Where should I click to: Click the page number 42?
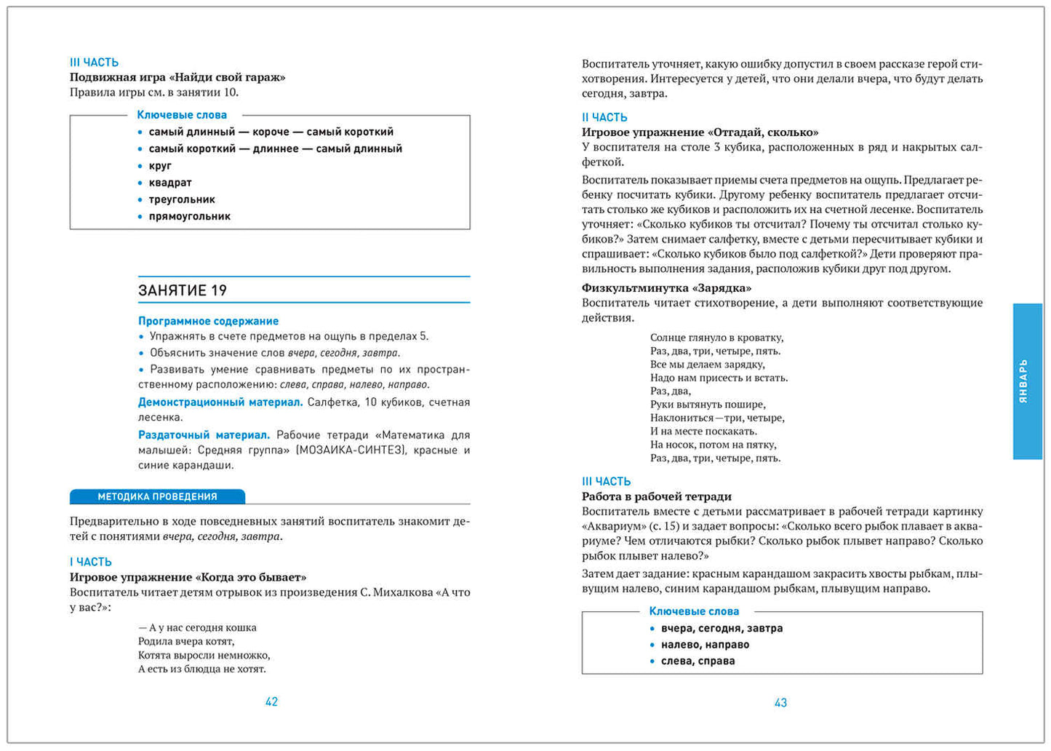[x=271, y=702]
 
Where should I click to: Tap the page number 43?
[x=780, y=702]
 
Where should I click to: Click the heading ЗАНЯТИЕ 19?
[x=183, y=290]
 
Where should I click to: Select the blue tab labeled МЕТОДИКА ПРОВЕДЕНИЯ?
[x=157, y=496]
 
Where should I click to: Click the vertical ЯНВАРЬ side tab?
[x=1026, y=381]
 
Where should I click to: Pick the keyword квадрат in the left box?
[x=170, y=183]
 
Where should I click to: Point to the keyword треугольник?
[x=182, y=199]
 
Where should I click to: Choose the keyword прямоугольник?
[x=189, y=216]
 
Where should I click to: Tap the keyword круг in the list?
[x=160, y=166]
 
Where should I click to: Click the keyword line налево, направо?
[x=705, y=645]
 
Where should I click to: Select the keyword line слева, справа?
[x=698, y=661]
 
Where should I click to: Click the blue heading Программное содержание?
[x=208, y=321]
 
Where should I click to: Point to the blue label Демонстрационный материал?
[x=220, y=402]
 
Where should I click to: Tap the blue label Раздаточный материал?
[x=204, y=435]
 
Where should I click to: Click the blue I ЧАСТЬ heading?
[x=90, y=562]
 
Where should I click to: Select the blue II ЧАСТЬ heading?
[x=604, y=117]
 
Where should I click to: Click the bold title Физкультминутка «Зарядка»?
[x=666, y=288]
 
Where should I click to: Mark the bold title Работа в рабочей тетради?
[x=656, y=496]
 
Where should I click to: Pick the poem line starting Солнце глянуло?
[x=716, y=338]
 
